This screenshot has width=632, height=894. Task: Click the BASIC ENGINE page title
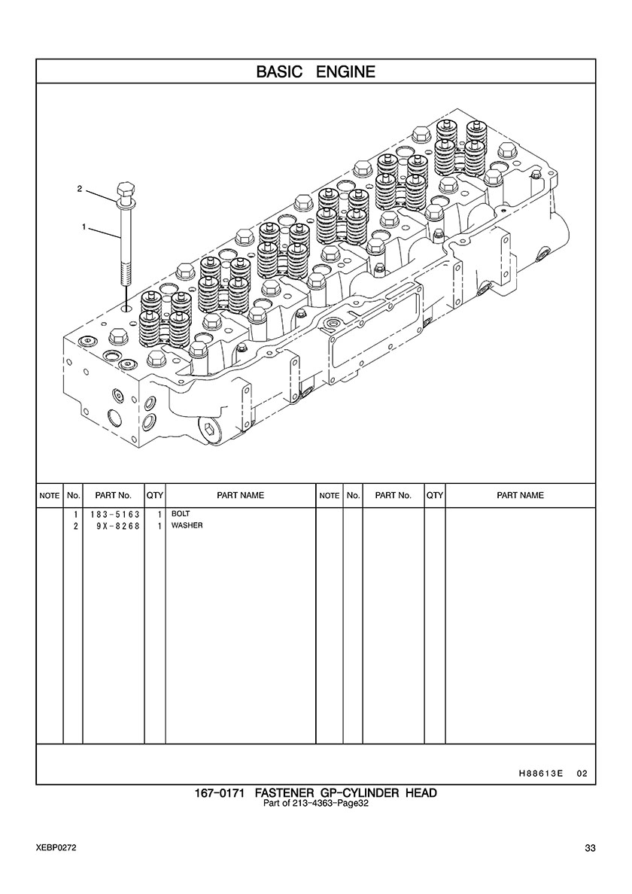pyautogui.click(x=316, y=71)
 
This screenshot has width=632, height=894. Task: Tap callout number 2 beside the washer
pyautogui.click(x=80, y=188)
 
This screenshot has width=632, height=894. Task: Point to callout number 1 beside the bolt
pyautogui.click(x=84, y=227)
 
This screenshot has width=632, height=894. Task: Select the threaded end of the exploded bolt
pyautogui.click(x=125, y=272)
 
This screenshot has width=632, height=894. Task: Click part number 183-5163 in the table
pyautogui.click(x=115, y=514)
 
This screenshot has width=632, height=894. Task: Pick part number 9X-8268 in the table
pyautogui.click(x=118, y=526)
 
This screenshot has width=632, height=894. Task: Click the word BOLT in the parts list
pyautogui.click(x=181, y=514)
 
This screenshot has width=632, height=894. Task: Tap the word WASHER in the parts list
pyautogui.click(x=187, y=525)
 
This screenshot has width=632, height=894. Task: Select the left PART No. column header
pyautogui.click(x=114, y=495)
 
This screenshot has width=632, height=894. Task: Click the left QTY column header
pyautogui.click(x=155, y=495)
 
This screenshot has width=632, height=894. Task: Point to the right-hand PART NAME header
pyautogui.click(x=521, y=495)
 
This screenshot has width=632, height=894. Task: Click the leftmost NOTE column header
pyautogui.click(x=50, y=496)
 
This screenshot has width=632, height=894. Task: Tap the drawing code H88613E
pyautogui.click(x=541, y=774)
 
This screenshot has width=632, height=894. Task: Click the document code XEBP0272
pyautogui.click(x=56, y=848)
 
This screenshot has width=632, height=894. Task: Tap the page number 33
pyautogui.click(x=590, y=848)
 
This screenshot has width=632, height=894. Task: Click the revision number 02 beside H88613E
pyautogui.click(x=582, y=774)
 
